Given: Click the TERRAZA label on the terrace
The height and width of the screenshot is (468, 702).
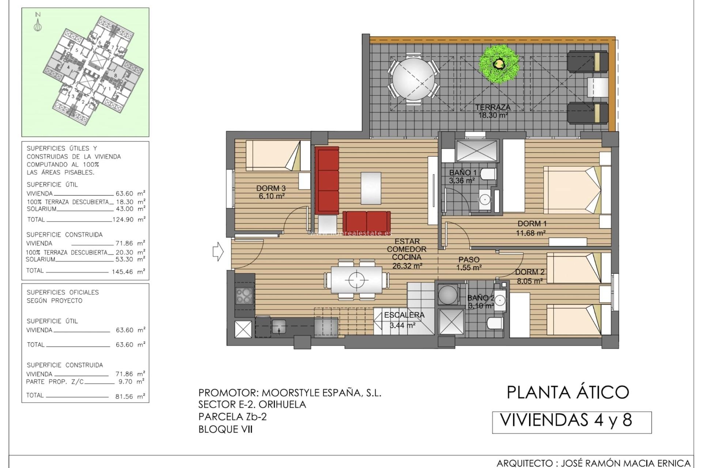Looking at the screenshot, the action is [x=493, y=107].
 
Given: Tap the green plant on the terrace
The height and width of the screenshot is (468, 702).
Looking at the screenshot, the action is [x=499, y=64].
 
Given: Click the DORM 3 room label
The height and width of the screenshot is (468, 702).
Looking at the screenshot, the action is [x=271, y=188].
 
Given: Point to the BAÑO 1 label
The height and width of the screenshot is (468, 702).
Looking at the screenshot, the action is [x=463, y=173].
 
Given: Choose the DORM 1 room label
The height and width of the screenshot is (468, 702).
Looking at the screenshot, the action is [x=532, y=224].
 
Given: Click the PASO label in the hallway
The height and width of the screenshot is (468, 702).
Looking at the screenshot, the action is [x=469, y=260].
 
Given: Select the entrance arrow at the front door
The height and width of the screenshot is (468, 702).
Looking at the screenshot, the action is [x=218, y=252].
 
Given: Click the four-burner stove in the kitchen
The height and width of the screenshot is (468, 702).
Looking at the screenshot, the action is [x=244, y=296].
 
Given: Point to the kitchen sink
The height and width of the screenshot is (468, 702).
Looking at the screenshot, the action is [x=279, y=327].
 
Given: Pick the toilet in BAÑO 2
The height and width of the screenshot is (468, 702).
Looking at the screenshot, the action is [x=495, y=323].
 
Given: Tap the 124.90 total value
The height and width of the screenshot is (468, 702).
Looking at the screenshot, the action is [x=123, y=220].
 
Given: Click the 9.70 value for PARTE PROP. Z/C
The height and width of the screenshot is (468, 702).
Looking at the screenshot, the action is [x=125, y=382].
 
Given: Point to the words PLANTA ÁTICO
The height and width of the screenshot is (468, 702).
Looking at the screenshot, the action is [x=568, y=392].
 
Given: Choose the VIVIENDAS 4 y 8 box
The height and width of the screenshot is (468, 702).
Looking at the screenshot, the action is [x=572, y=422].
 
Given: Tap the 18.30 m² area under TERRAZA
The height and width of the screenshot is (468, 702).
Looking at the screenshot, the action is [x=493, y=115].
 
